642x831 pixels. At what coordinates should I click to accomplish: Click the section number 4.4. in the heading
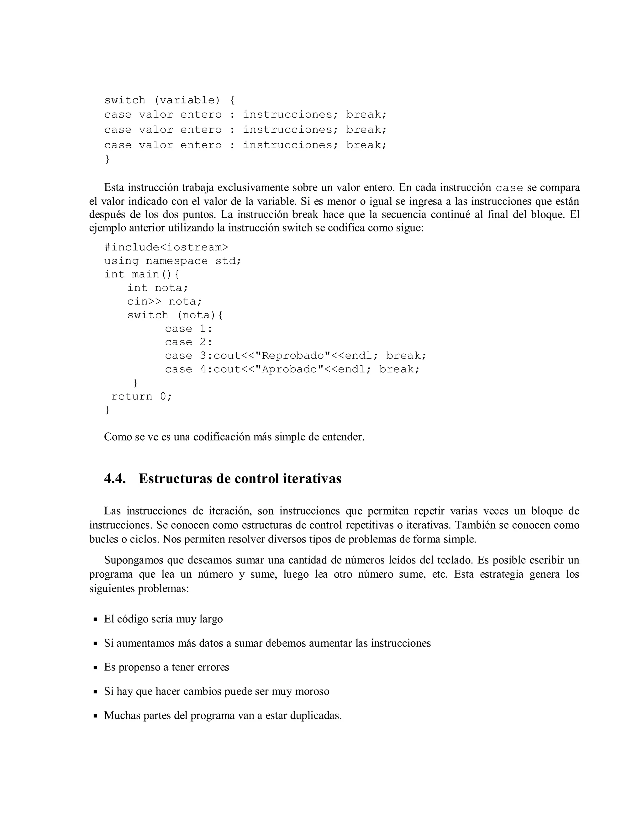pos(115,479)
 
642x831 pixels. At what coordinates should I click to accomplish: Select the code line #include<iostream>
pos(166,247)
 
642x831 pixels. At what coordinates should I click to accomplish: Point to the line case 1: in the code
pos(189,329)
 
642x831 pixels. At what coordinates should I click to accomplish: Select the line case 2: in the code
pos(189,342)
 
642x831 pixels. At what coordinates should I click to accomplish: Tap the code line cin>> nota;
pos(164,302)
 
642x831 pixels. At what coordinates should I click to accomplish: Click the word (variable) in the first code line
pos(187,100)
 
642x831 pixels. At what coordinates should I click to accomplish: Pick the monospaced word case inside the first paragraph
pos(509,188)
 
